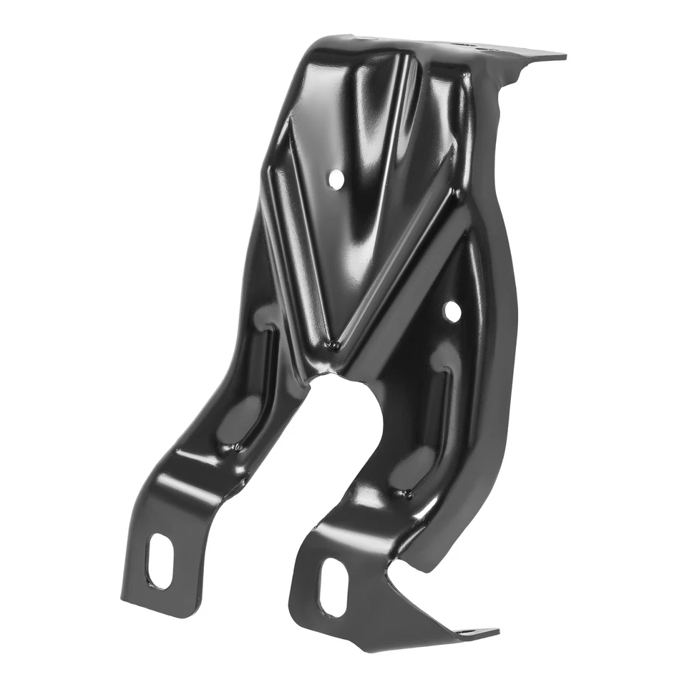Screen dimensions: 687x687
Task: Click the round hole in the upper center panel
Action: click(x=335, y=179)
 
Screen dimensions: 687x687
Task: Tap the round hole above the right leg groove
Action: click(x=452, y=311)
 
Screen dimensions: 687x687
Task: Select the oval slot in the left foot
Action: click(x=159, y=562)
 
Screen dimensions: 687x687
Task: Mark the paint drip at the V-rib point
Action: click(x=332, y=346)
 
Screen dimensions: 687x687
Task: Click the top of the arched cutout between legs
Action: click(x=336, y=376)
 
